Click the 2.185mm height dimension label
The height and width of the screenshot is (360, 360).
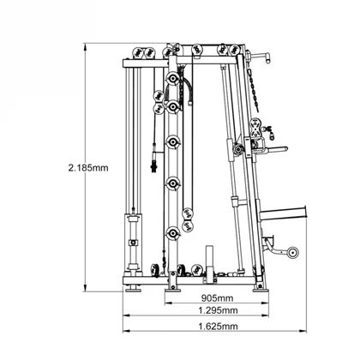tap(88, 168)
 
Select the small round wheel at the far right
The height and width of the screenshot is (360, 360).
tap(293, 254)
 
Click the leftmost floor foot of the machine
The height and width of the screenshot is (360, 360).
tap(134, 288)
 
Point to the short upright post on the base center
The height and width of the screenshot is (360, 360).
tap(207, 261)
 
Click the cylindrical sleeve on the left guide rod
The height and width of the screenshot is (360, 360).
tap(133, 231)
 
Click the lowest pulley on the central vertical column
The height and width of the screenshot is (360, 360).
tap(175, 232)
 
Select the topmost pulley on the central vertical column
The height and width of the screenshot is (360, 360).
tap(174, 80)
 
